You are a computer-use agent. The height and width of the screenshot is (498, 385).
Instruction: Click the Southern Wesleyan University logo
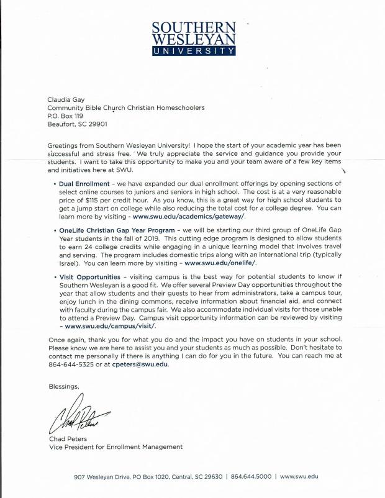pos(194,38)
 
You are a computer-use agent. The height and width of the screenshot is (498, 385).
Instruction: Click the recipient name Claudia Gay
pos(66,99)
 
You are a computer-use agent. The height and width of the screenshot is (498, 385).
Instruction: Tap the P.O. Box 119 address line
pos(65,115)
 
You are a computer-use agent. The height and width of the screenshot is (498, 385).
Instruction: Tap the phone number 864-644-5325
pos(67,364)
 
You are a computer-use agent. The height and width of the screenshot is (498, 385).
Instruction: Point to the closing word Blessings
pos(64,386)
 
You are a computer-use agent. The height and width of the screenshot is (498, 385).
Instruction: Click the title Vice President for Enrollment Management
pos(115,447)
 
